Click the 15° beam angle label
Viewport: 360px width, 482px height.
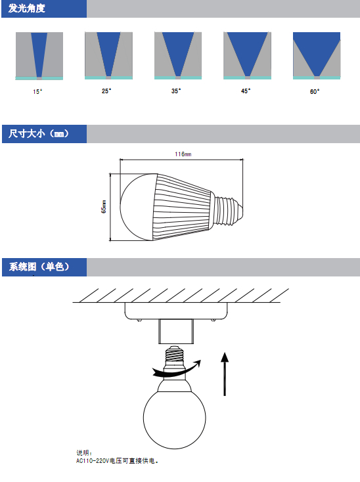click(x=37, y=91)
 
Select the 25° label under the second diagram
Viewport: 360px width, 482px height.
click(x=106, y=91)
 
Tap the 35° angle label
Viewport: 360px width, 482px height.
click(x=176, y=91)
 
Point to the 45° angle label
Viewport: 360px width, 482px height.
click(x=246, y=91)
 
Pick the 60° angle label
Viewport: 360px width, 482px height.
click(x=315, y=91)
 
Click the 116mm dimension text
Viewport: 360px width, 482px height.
click(x=183, y=154)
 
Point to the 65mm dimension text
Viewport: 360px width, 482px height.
click(x=104, y=207)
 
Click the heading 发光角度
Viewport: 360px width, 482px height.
click(x=27, y=9)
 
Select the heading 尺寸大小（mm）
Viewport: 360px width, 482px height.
click(x=39, y=134)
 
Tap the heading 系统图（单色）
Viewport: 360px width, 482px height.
click(x=39, y=267)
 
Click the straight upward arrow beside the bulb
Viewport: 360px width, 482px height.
click(x=225, y=374)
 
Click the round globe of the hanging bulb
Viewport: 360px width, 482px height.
click(x=174, y=418)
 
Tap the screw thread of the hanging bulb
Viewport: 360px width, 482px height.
click(x=174, y=355)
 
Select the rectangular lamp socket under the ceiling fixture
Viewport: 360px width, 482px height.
click(x=176, y=332)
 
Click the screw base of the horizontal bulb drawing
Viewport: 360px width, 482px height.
click(x=228, y=210)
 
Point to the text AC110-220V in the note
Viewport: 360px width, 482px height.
click(x=93, y=461)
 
